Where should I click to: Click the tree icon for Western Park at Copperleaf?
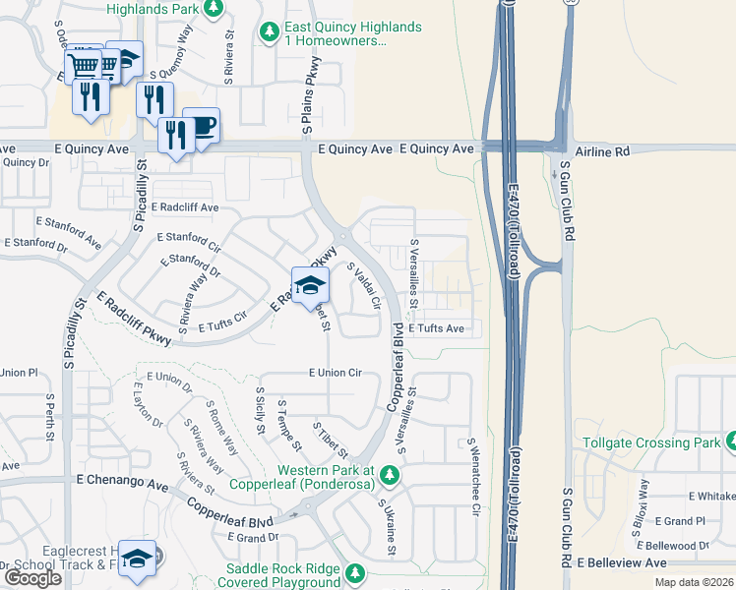click(x=390, y=475)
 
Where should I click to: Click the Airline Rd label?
click(x=601, y=151)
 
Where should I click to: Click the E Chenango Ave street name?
click(x=122, y=484)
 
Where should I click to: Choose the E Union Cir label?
click(x=336, y=373)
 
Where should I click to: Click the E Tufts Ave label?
click(x=436, y=327)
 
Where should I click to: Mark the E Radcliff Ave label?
click(x=185, y=208)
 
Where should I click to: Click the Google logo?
click(x=32, y=578)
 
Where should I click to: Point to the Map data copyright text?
click(x=696, y=581)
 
